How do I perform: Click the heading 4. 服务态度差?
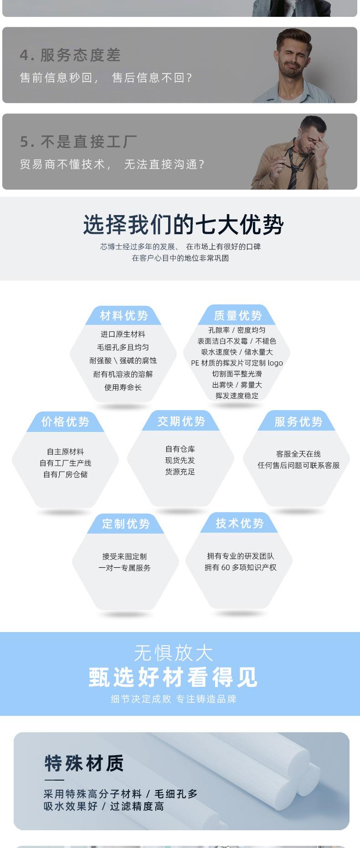[x=70, y=55]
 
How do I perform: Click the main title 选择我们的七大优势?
[x=183, y=225]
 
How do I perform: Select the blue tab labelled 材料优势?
[x=123, y=315]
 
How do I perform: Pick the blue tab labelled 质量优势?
[x=237, y=315]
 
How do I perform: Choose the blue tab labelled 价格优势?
[x=65, y=421]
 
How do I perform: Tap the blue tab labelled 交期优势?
[x=181, y=421]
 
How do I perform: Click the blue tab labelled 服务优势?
[x=298, y=421]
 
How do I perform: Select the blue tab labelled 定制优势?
[x=126, y=524]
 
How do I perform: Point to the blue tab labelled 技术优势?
[x=240, y=523]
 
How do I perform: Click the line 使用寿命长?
[x=123, y=387]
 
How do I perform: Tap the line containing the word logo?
[x=237, y=363]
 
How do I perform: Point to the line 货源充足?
[x=180, y=472]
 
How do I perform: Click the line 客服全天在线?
[x=298, y=454]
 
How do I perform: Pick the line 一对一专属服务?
[x=124, y=568]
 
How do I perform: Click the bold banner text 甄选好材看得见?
[x=173, y=677]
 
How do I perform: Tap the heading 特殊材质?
[x=84, y=763]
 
